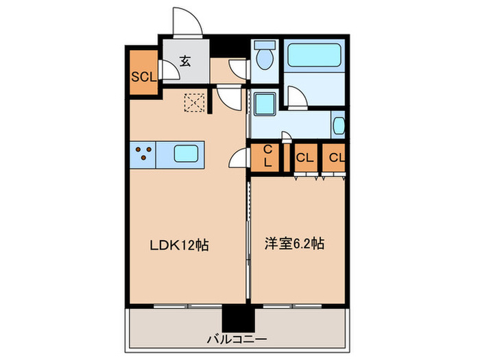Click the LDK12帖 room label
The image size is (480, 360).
[179, 245]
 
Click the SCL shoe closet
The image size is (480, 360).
[143, 75]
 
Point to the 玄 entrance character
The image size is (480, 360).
[185, 60]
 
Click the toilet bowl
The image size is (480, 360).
[263, 60]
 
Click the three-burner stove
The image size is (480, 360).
[143, 154]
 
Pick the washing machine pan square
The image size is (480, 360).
[263, 104]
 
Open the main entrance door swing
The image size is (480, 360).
[187, 22]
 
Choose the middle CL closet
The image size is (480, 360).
[304, 158]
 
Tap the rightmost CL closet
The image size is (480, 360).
[335, 158]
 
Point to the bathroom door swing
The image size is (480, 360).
[296, 97]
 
